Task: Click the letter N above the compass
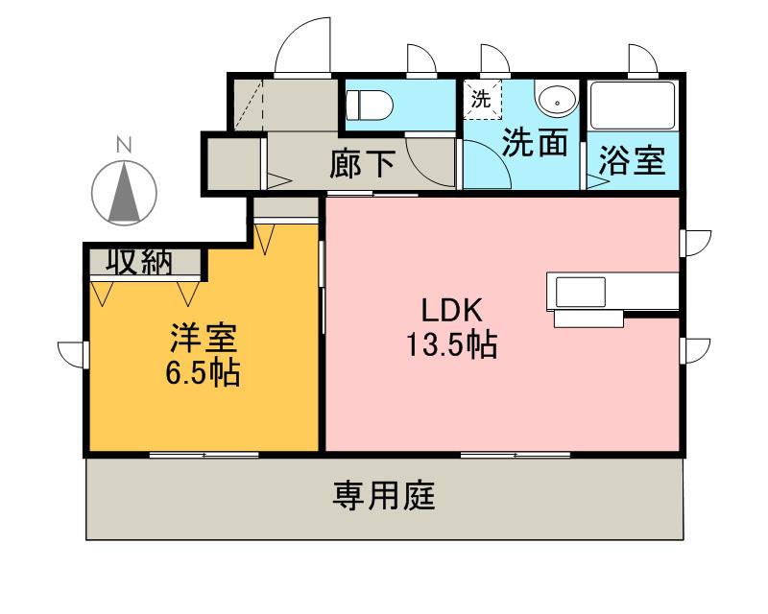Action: click(123, 146)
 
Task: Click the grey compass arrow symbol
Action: click(123, 192)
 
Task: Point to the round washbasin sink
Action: click(555, 100)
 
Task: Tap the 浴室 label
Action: click(632, 161)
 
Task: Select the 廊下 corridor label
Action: click(362, 164)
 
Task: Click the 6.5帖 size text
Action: click(203, 372)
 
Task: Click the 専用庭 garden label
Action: click(384, 497)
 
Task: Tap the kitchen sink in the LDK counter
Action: click(576, 291)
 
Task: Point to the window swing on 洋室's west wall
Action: click(71, 353)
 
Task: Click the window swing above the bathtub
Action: click(642, 59)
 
